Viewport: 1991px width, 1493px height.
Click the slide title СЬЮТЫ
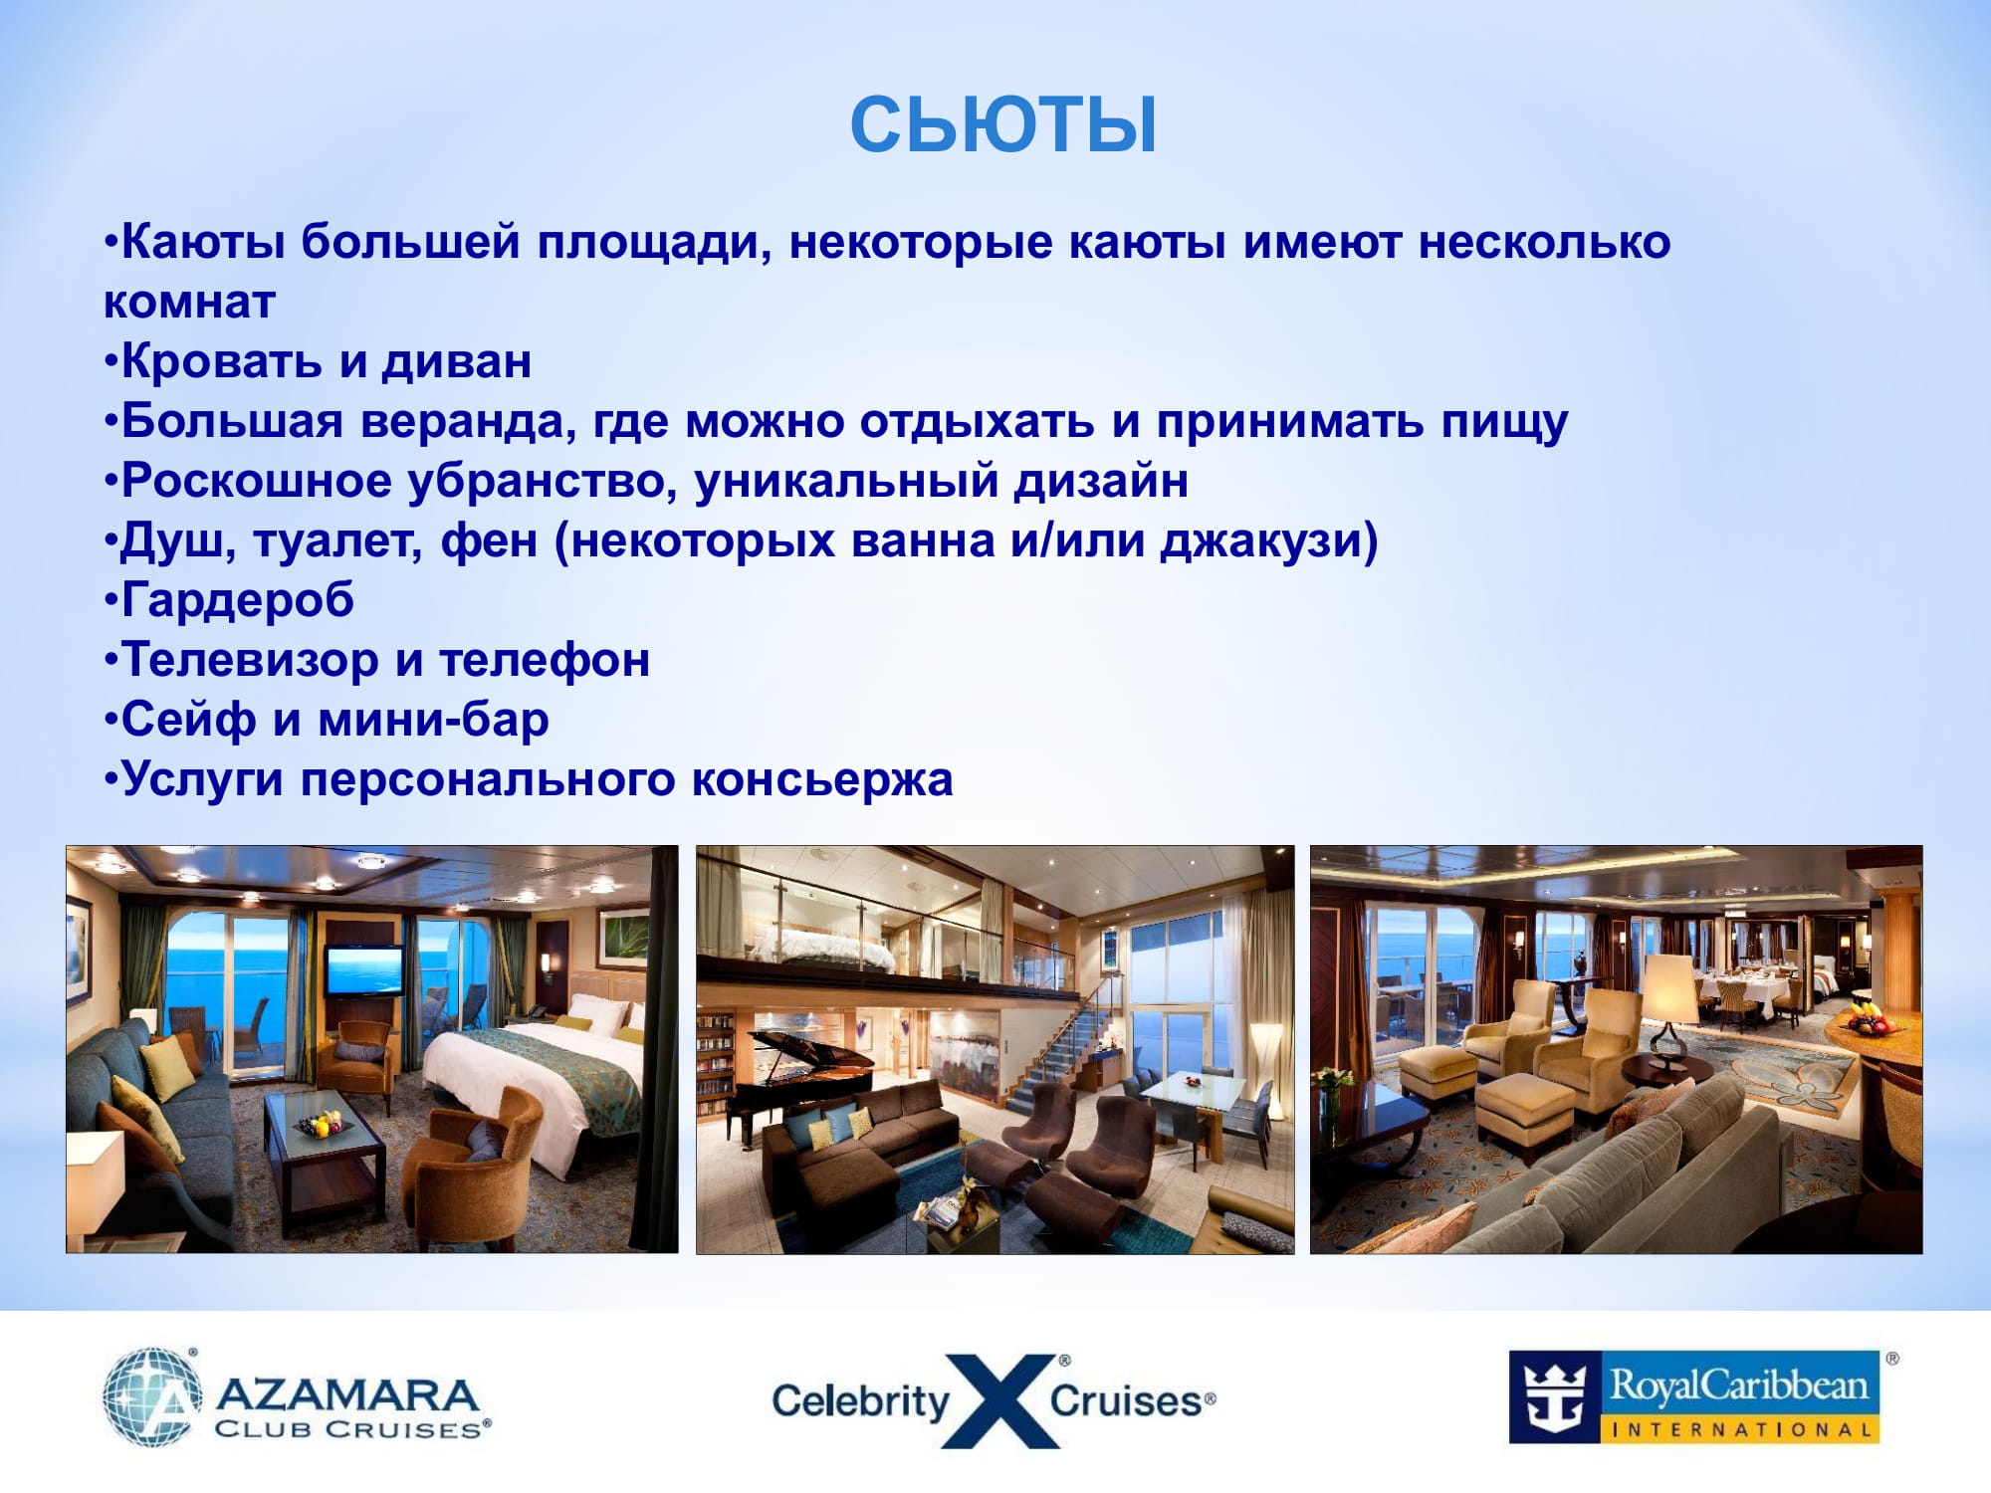click(1003, 124)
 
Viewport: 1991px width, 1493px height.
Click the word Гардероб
click(237, 600)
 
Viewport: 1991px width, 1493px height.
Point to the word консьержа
click(822, 779)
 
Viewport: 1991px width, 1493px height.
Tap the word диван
click(457, 361)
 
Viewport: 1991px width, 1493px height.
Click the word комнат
click(189, 303)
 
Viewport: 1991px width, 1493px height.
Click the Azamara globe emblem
click(152, 1396)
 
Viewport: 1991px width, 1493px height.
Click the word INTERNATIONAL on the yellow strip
click(1742, 1430)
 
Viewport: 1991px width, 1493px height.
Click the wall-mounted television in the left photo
click(364, 970)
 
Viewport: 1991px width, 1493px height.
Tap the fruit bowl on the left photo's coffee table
click(325, 1126)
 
